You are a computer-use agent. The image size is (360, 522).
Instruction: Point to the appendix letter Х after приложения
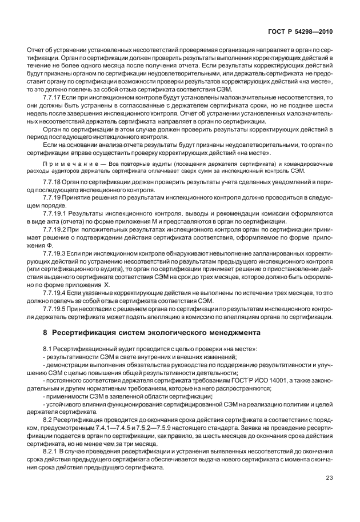[x=106, y=284]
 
